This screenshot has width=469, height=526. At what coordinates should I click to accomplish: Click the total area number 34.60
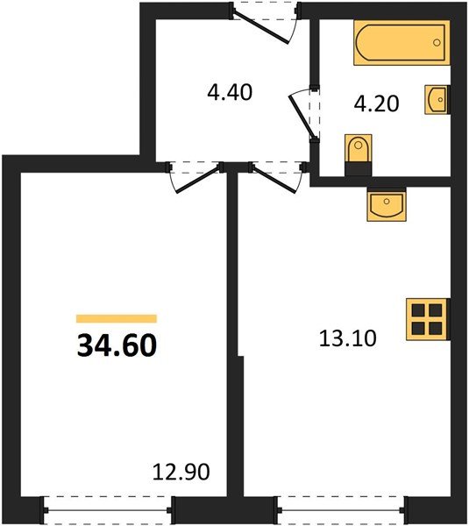click(x=117, y=346)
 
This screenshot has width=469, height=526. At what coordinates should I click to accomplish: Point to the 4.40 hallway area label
click(x=230, y=91)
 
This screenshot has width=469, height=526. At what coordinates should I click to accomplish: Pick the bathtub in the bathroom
click(x=400, y=43)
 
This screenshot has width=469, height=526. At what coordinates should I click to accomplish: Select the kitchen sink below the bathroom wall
click(x=385, y=207)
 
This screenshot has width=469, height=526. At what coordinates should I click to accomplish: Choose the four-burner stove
click(x=428, y=318)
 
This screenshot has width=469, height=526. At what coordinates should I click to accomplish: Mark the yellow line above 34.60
click(x=117, y=319)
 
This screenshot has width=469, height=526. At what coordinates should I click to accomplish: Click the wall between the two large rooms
click(x=233, y=351)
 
